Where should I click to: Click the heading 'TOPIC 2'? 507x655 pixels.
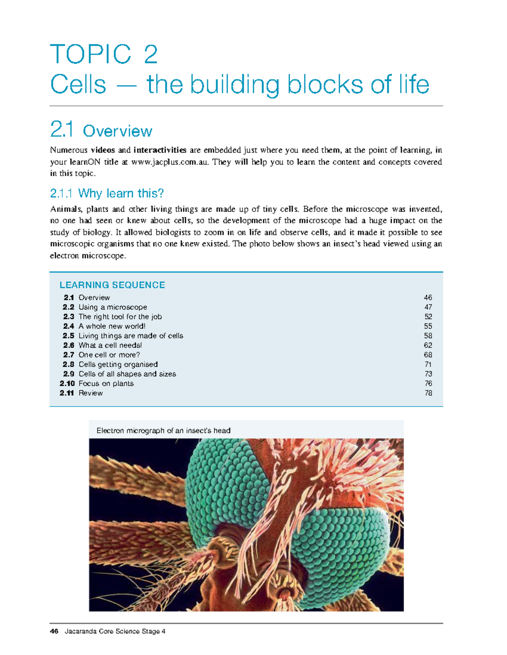[x=104, y=54]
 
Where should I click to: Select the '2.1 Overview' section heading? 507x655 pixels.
[x=101, y=130]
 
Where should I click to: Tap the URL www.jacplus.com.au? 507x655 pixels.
[x=170, y=162]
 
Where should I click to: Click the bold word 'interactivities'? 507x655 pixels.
[x=160, y=150]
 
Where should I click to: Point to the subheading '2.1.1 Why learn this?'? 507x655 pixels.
[x=107, y=194]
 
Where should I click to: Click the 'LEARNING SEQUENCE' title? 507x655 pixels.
[x=112, y=285]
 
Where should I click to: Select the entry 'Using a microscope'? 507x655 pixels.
[x=113, y=307]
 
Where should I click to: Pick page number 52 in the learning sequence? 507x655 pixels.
[x=428, y=317]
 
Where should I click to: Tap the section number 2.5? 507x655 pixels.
[x=68, y=336]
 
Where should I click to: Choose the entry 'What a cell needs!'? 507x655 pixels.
[x=110, y=345]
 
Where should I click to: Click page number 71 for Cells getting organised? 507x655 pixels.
[x=428, y=364]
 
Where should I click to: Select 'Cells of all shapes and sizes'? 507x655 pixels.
[x=127, y=374]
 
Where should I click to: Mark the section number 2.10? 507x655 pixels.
[x=67, y=383]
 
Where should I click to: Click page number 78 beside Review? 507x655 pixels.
[x=428, y=393]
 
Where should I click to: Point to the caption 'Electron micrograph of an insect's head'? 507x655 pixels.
[x=164, y=431]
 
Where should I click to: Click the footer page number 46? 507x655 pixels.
[x=54, y=631]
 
